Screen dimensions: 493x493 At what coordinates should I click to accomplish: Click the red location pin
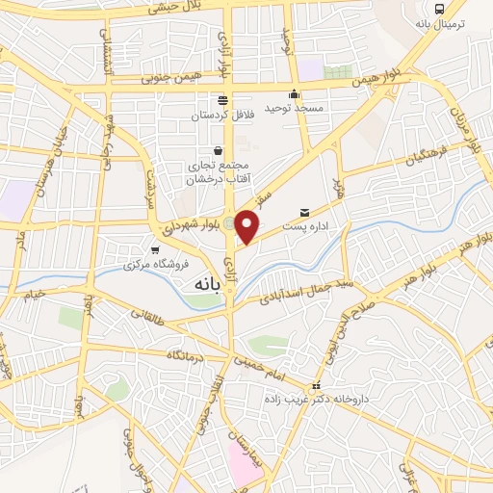tap(247, 226)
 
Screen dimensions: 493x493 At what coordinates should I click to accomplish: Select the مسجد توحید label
tap(296, 107)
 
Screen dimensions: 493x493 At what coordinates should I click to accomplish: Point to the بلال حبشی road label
tap(174, 7)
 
